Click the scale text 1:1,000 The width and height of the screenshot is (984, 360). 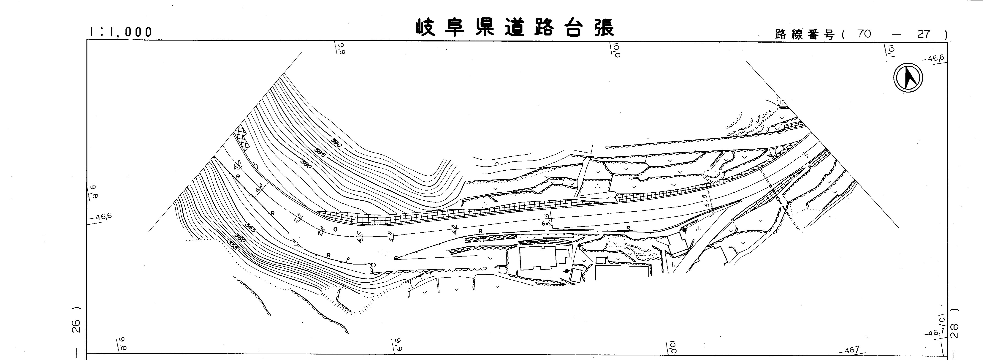click(120, 32)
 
